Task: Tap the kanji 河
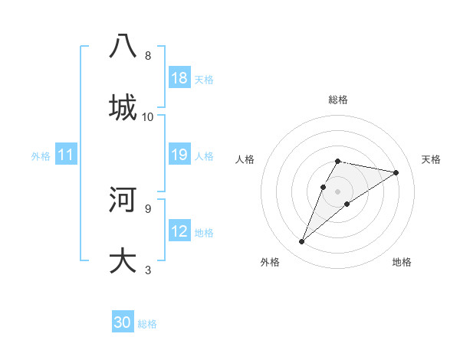coord(123,198)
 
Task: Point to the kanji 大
coord(123,259)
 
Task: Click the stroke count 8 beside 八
coord(148,56)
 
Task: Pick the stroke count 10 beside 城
coord(148,116)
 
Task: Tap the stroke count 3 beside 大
coord(147,270)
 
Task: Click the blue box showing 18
coord(179,78)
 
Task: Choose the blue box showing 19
coord(179,155)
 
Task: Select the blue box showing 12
coord(179,231)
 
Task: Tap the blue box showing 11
coord(66,155)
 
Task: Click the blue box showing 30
coord(123,322)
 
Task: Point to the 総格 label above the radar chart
coord(338,100)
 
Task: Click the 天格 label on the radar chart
coord(431,159)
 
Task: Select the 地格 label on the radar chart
coord(402,262)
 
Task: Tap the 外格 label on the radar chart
coord(270,262)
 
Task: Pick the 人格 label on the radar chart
coord(245,159)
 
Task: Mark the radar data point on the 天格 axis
coord(396,172)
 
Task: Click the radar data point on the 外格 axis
coord(302,242)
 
